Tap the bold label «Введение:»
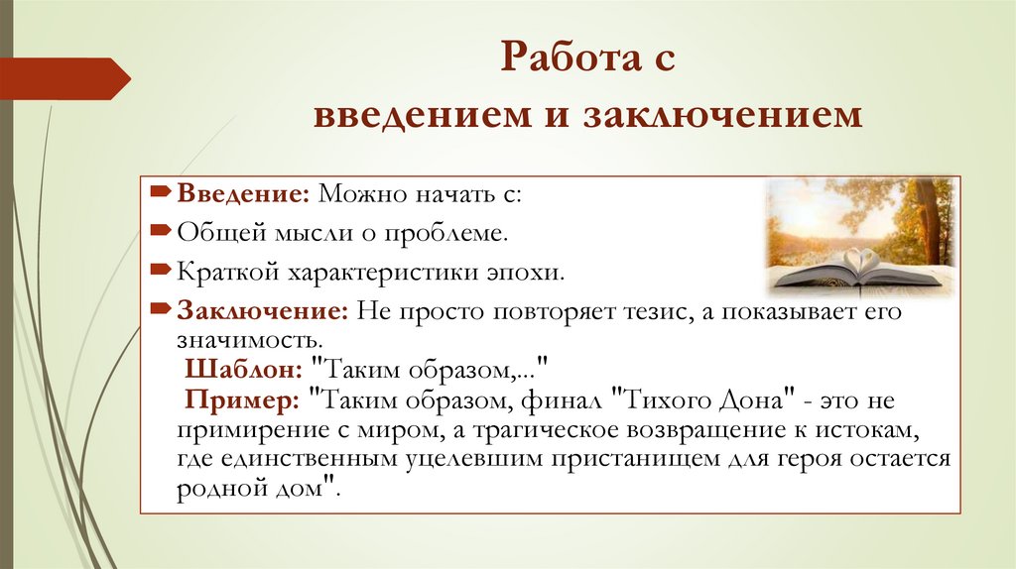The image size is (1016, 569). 243,195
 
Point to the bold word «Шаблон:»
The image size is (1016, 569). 244,369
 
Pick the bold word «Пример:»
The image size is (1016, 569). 242,401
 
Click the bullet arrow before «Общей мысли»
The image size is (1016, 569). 163,231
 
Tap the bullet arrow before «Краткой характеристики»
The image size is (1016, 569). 163,270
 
